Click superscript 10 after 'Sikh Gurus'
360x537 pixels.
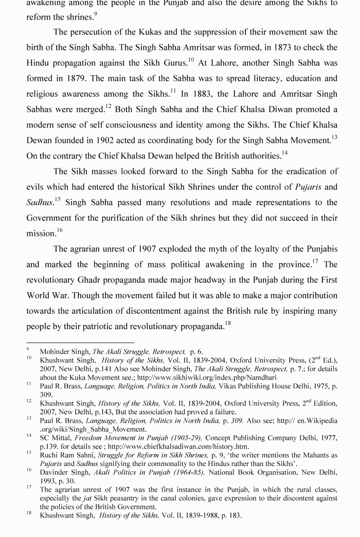pyautogui.click(x=190, y=60)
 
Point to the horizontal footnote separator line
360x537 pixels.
pyautogui.click(x=80, y=342)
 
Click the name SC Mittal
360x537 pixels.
pyautogui.click(x=56, y=438)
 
